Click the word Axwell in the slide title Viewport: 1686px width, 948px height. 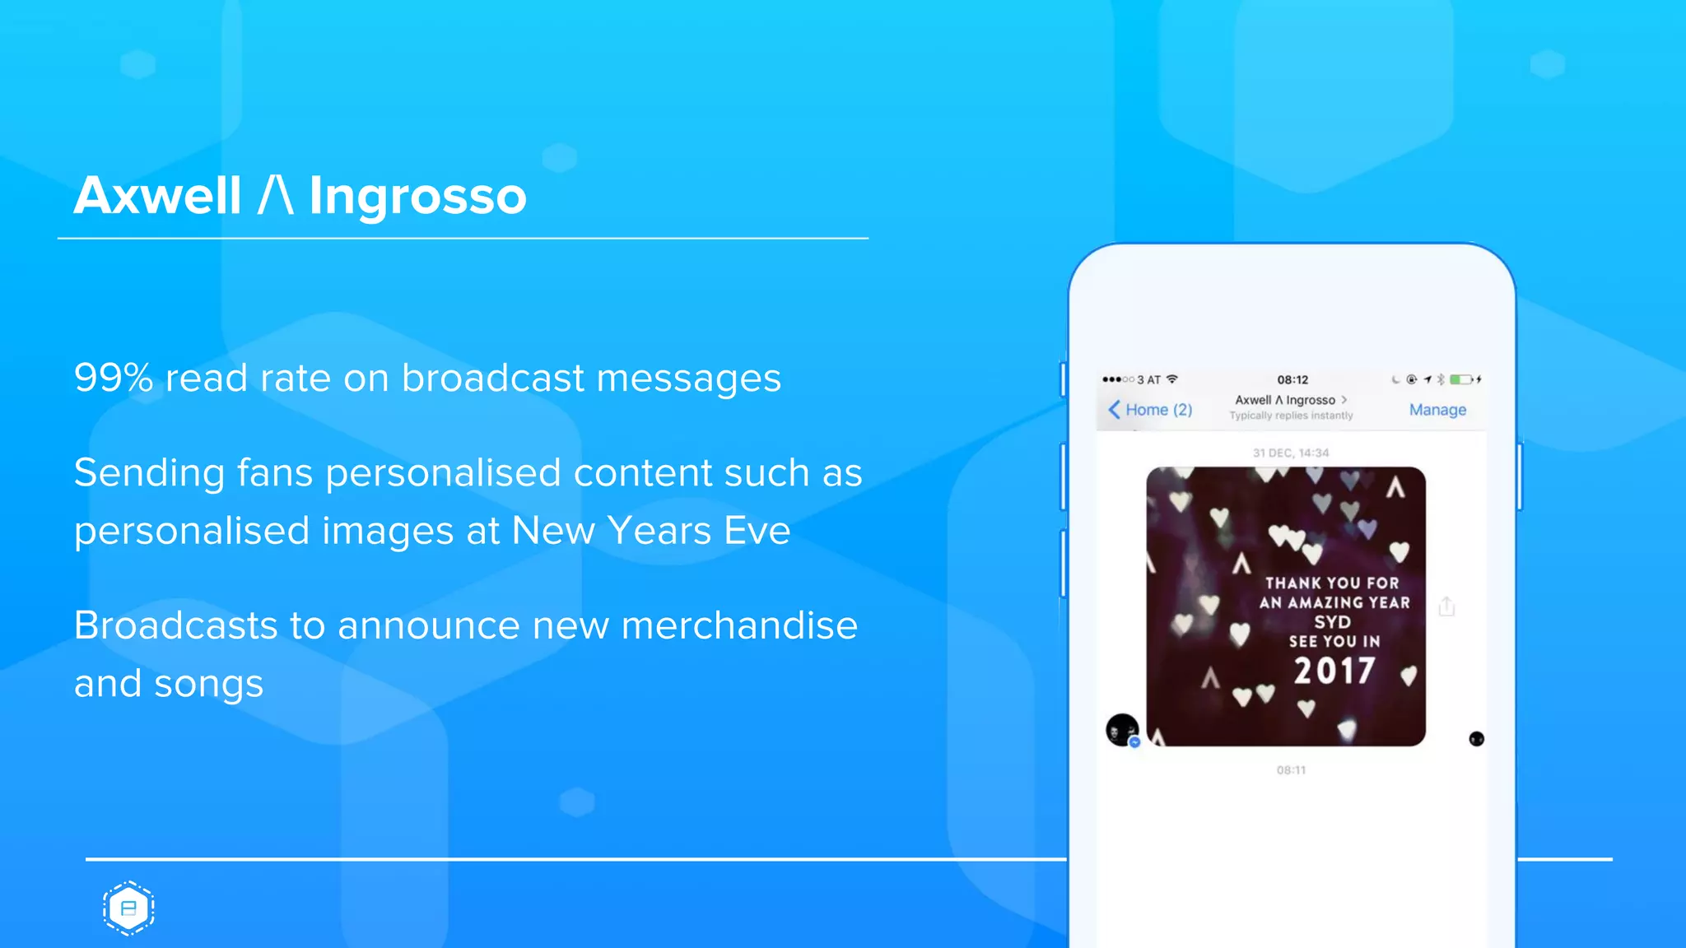click(x=157, y=197)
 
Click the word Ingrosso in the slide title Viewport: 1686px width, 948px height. click(x=417, y=197)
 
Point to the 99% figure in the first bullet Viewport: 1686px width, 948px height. click(x=114, y=379)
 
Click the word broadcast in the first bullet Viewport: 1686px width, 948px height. click(x=492, y=379)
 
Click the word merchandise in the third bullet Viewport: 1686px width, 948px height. click(x=739, y=625)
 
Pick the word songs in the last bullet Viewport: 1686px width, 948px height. click(x=208, y=685)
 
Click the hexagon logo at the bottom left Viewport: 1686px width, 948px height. click(x=128, y=908)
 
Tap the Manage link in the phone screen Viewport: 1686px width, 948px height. click(x=1437, y=410)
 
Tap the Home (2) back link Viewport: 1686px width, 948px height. click(x=1151, y=410)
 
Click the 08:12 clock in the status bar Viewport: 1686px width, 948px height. click(x=1292, y=379)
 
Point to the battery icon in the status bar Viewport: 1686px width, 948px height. click(x=1461, y=379)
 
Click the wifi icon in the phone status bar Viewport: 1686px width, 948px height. click(x=1172, y=379)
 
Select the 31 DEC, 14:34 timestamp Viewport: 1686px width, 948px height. click(x=1291, y=453)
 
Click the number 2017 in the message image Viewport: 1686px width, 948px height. click(x=1334, y=671)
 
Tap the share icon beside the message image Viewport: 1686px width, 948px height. click(x=1446, y=607)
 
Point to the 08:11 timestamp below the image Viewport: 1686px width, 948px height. click(x=1291, y=770)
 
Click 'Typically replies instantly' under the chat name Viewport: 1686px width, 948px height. click(x=1291, y=416)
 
